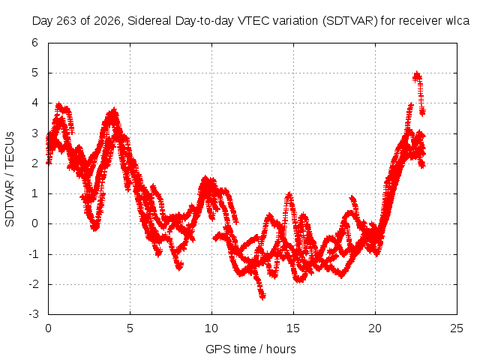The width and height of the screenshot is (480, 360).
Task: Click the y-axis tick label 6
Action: pos(34,43)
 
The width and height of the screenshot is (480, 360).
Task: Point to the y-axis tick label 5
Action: pos(34,73)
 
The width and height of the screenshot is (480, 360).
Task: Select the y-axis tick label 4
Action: pos(34,103)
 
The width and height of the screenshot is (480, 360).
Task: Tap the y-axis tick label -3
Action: pos(33,314)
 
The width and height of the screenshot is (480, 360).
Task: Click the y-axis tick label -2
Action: pos(33,284)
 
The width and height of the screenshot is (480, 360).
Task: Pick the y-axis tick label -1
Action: pos(33,254)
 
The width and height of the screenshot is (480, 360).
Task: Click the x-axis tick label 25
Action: pos(457,328)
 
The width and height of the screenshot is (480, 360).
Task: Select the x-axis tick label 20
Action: pos(375,328)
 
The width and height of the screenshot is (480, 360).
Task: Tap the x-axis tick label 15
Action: pos(293,328)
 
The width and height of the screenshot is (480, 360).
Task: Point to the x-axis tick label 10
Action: pos(211,328)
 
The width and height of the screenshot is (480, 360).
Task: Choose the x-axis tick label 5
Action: pos(130,328)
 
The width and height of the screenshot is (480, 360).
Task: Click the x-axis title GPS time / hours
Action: pos(250,349)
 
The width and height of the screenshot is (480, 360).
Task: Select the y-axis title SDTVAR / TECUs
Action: pos(10,179)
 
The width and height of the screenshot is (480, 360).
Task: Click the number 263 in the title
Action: pos(67,21)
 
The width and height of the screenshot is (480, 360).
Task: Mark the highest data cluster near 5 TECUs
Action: pos(417,76)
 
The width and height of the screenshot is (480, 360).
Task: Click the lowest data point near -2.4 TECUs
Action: pos(262,296)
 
